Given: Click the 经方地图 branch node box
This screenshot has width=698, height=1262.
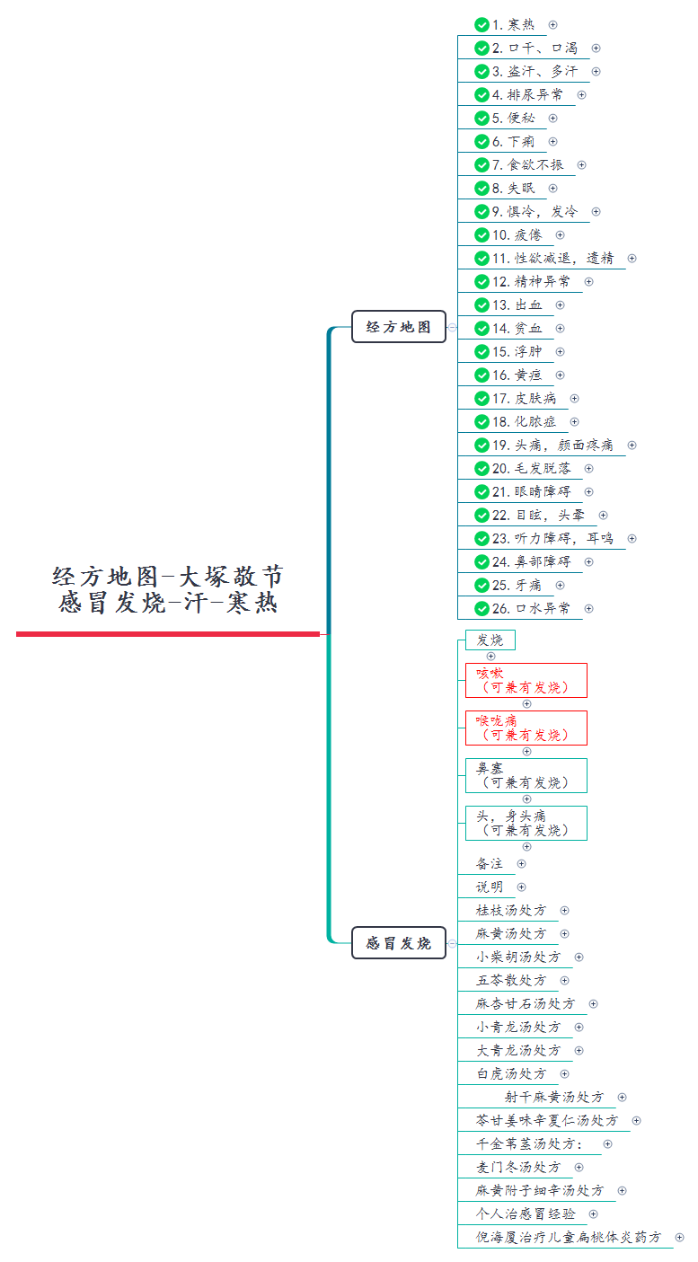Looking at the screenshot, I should pyautogui.click(x=398, y=327).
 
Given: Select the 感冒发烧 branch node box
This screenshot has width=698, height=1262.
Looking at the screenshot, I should pyautogui.click(x=398, y=943).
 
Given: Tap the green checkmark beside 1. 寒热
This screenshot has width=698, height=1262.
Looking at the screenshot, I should pyautogui.click(x=482, y=24).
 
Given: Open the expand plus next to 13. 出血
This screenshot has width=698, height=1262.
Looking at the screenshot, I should pyautogui.click(x=560, y=304).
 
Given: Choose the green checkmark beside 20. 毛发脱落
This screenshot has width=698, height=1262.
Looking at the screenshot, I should pyautogui.click(x=482, y=468).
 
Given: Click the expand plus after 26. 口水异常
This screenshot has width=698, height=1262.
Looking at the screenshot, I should pyautogui.click(x=588, y=608).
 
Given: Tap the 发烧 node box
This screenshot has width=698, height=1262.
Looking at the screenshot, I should pyautogui.click(x=490, y=640).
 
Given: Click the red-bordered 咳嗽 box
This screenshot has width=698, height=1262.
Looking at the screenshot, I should pyautogui.click(x=526, y=680).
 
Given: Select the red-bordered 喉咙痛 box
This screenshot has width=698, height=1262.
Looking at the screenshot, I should pyautogui.click(x=526, y=728).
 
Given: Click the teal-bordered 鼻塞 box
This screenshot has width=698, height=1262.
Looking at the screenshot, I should pyautogui.click(x=526, y=775).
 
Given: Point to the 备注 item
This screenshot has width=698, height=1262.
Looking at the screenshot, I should pyautogui.click(x=490, y=863).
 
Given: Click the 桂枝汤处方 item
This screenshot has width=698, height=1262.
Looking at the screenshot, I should pyautogui.click(x=511, y=910).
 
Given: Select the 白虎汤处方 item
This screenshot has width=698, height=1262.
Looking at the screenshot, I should pyautogui.click(x=511, y=1073).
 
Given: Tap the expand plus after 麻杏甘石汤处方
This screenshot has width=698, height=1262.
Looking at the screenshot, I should pyautogui.click(x=593, y=1003).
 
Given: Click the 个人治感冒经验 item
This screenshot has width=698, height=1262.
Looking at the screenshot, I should pyautogui.click(x=526, y=1213).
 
